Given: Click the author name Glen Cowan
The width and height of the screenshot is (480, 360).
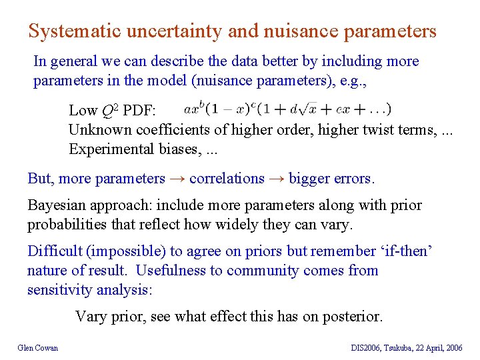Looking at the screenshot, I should click(x=38, y=347).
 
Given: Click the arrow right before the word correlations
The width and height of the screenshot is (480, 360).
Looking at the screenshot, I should click(x=177, y=179).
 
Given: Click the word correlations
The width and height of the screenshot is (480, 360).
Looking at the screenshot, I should click(x=227, y=179).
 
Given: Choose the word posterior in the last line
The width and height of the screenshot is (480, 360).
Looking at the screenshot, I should click(x=353, y=316).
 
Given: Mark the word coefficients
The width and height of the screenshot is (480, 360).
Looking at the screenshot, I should click(x=169, y=129).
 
